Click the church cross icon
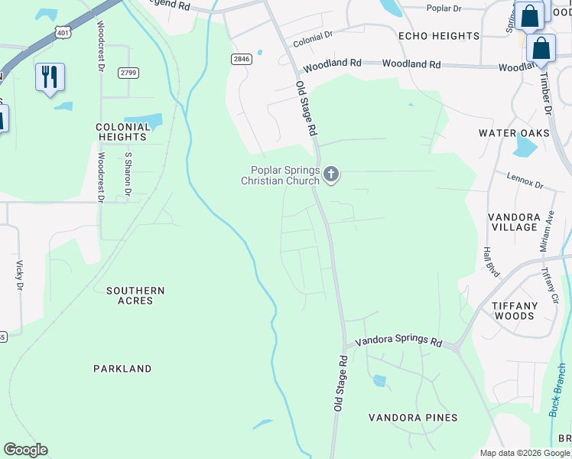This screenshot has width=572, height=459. [331, 175]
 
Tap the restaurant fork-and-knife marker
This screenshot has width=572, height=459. [50, 77]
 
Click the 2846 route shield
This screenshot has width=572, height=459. [242, 59]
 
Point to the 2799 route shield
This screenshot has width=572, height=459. [128, 73]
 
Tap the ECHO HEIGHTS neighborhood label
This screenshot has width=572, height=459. [438, 36]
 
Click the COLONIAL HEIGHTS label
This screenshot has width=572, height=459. [121, 132]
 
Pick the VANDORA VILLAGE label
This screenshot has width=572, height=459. [514, 222]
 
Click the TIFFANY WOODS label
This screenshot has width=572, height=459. [514, 311]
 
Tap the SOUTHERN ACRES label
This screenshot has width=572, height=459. [135, 295]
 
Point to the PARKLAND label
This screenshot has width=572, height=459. [122, 369]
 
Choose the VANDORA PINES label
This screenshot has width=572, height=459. [413, 418]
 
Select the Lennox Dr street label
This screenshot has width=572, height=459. [525, 181]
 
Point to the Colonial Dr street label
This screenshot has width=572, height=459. [313, 35]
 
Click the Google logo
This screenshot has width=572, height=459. [25, 450]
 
